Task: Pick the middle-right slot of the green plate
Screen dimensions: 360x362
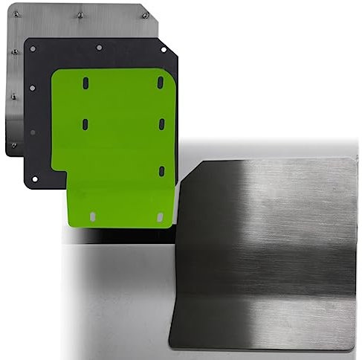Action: (161, 123)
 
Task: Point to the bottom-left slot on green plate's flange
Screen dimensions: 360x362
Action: (92, 216)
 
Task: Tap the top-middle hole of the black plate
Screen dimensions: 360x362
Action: (99, 48)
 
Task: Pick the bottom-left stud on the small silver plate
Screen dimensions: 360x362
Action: (13, 144)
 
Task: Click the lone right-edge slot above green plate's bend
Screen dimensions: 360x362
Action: (161, 170)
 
